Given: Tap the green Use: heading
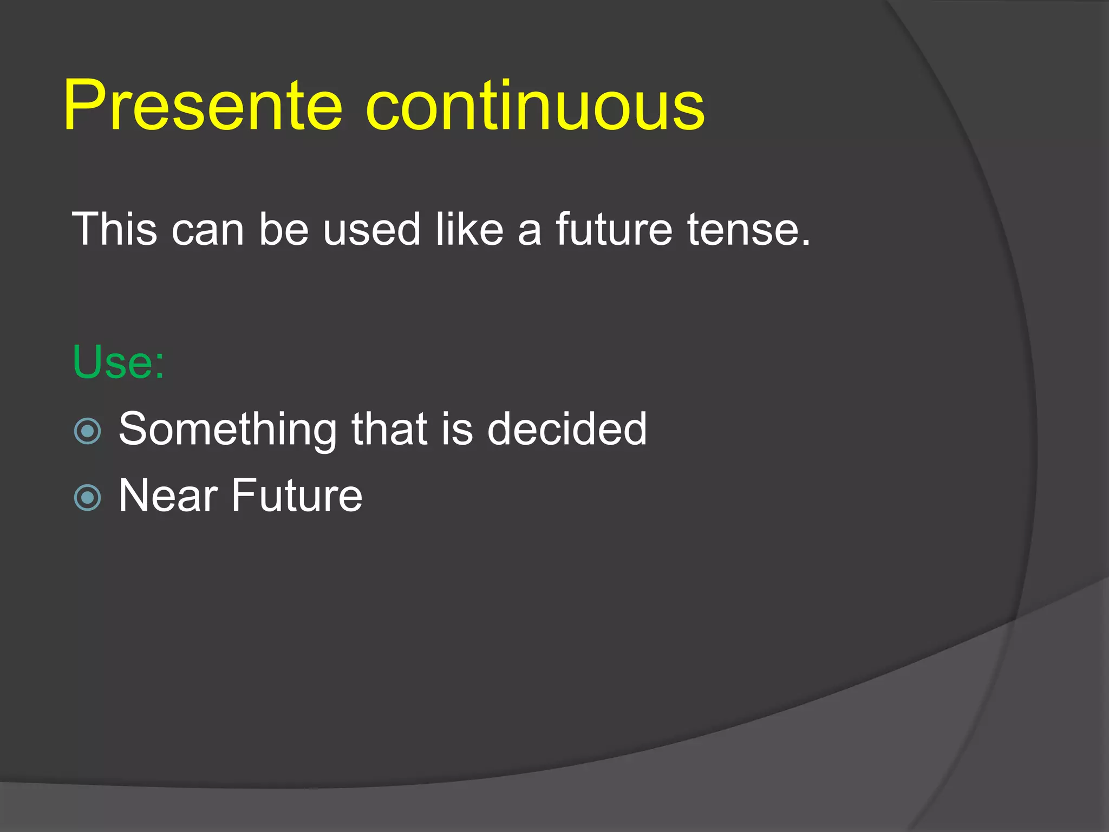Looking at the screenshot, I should (x=118, y=362).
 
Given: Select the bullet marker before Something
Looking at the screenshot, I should (x=87, y=431).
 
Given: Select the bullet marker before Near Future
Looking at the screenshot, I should (x=87, y=497).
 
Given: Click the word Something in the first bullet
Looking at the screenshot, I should (x=227, y=430).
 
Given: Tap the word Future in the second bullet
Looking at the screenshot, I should (x=297, y=495).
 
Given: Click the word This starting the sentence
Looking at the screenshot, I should (x=114, y=230).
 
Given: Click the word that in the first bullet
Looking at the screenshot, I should (x=389, y=428).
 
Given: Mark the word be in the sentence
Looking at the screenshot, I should (x=283, y=230).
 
